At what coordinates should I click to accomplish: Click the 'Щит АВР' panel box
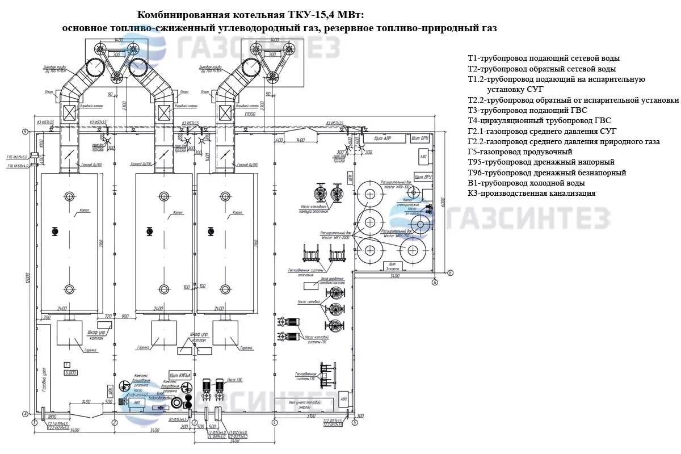(x=384, y=138)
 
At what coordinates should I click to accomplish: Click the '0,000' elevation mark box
(x=70, y=373)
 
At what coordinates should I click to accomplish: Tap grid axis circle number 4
(x=274, y=423)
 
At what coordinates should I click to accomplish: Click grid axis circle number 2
(x=114, y=423)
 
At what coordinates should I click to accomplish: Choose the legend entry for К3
(x=531, y=193)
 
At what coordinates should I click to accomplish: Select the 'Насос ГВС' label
(x=235, y=379)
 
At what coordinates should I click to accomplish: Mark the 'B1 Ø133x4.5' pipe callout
(x=179, y=419)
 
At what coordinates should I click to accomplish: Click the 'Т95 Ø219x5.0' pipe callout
(x=18, y=157)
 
